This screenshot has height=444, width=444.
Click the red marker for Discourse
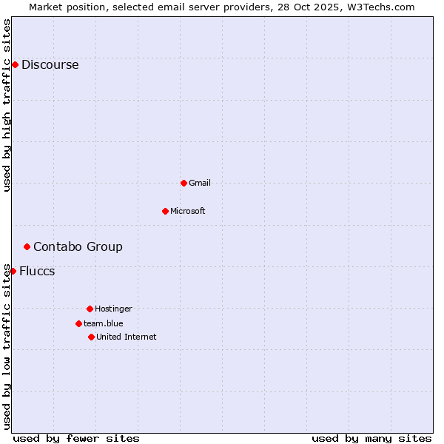click(x=15, y=65)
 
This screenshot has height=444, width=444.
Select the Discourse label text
click(x=50, y=65)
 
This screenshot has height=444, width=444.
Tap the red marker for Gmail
click(x=184, y=183)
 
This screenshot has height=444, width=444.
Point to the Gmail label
click(x=200, y=183)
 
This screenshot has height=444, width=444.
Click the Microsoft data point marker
click(x=165, y=211)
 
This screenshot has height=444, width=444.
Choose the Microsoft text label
click(x=187, y=211)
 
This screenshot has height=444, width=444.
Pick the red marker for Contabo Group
click(x=27, y=246)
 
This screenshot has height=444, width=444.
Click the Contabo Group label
click(x=78, y=247)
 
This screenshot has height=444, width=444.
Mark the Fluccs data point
click(x=13, y=271)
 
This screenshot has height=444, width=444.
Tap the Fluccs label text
click(x=37, y=272)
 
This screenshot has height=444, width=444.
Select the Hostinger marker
click(x=90, y=309)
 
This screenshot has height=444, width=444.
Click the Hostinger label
click(x=113, y=309)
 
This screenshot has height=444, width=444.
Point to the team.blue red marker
click(x=78, y=323)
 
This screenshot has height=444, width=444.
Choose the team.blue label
click(x=103, y=323)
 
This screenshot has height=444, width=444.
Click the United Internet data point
click(x=91, y=337)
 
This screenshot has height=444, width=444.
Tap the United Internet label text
click(x=126, y=337)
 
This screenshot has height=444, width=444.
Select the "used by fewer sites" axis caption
click(x=76, y=438)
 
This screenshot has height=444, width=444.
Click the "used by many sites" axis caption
click(x=371, y=438)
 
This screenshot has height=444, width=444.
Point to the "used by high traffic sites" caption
click(x=7, y=105)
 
